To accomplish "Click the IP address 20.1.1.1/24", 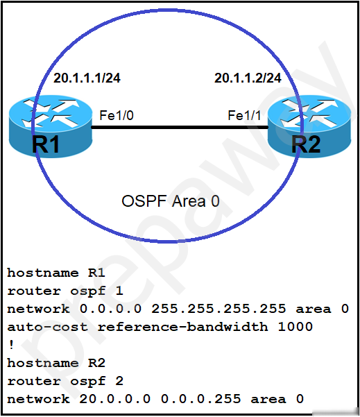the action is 87,78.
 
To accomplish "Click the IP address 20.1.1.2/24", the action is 248,78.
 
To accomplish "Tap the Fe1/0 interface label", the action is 117,116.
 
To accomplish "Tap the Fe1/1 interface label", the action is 244,116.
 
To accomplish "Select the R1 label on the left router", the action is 46,144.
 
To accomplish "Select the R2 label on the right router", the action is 306,144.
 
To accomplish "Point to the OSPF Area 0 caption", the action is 171,201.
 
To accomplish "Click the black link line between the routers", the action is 180,128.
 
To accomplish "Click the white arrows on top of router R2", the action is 309,113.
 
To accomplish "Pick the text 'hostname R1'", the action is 56,273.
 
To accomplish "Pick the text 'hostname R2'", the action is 56,363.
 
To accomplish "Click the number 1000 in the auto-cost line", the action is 295,327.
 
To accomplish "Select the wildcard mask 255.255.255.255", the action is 218,309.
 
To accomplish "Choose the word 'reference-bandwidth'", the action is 182,327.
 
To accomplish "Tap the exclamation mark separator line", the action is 11,345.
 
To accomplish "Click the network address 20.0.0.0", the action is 115,399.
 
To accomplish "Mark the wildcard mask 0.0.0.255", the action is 200,399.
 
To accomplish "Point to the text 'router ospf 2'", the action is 65,381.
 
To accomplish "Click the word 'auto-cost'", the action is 47,327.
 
